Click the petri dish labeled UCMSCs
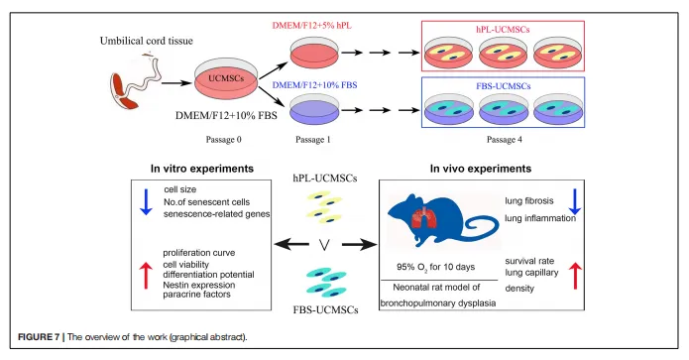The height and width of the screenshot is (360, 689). point(226,78)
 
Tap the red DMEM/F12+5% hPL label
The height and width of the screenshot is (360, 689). point(312,26)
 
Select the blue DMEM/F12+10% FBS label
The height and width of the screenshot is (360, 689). point(314,85)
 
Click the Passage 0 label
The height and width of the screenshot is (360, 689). point(224,140)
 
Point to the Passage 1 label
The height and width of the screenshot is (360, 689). point(313,140)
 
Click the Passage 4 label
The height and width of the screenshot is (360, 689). point(505,140)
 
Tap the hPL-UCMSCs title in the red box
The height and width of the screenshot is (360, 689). point(504,30)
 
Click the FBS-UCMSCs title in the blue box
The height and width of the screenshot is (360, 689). point(504,86)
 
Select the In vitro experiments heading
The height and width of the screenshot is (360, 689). point(202,169)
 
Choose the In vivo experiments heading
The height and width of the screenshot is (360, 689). point(481,169)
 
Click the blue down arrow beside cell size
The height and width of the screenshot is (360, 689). point(146,202)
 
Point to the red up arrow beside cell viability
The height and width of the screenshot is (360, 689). point(146,276)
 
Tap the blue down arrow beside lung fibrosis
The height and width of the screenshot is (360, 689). point(575,202)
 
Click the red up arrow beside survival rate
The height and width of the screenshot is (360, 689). point(575,276)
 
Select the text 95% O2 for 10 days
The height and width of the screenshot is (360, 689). point(435,267)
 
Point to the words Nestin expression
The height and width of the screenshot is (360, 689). point(199,285)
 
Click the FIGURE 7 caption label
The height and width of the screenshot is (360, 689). point(39,337)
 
